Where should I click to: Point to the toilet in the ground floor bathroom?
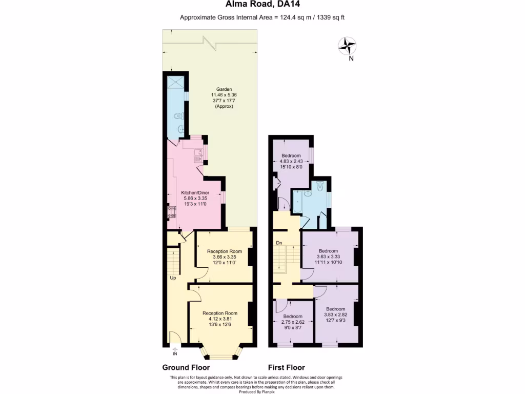click(177, 116)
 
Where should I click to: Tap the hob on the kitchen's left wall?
click(171, 212)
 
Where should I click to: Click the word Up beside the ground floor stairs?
click(174, 278)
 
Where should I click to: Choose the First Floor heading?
click(287, 367)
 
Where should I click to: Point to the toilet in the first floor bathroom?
click(320, 187)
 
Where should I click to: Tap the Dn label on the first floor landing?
click(279, 243)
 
